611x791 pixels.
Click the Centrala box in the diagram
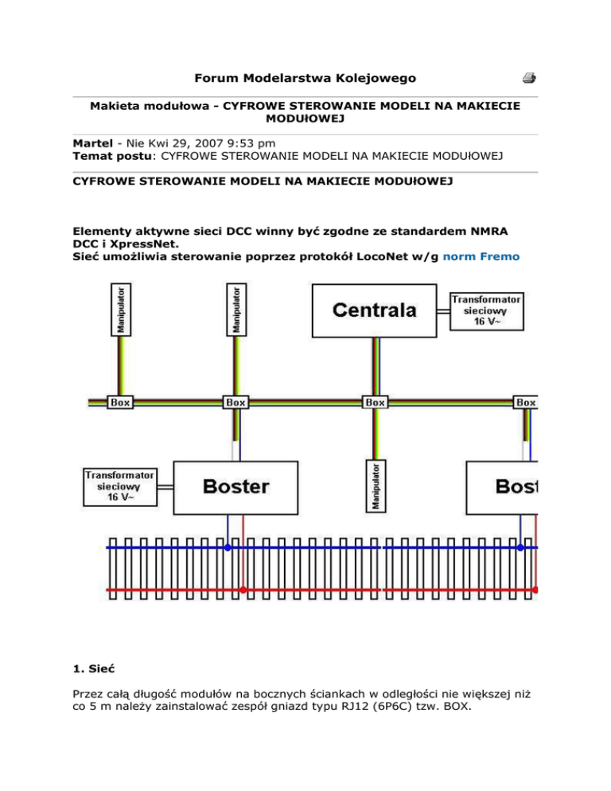pos(373,310)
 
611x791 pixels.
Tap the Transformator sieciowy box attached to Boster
pos(120,486)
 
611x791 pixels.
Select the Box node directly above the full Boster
pos(235,403)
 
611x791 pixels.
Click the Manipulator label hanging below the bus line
pos(376,485)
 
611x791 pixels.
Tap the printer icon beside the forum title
pos(528,78)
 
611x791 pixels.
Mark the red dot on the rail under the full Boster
pos(243,590)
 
